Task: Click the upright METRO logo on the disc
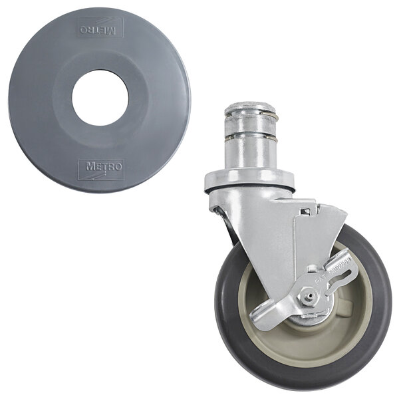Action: point(100,168)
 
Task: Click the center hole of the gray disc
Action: point(100,98)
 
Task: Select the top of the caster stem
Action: point(250,108)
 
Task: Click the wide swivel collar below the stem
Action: point(249,180)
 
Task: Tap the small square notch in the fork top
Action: point(305,211)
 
